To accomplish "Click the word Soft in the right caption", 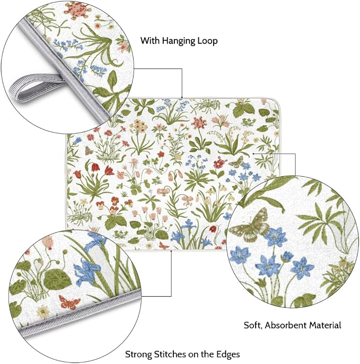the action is click(253, 325).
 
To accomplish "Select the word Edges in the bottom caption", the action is click(228, 355).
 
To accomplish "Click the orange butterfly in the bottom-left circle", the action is click(69, 302).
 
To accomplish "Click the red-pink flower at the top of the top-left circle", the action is click(76, 10).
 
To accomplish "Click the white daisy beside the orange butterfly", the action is click(43, 313).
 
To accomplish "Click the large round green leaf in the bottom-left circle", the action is click(57, 280).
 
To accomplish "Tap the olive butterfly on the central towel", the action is click(236, 161).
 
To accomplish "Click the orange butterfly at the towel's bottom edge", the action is click(164, 245).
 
